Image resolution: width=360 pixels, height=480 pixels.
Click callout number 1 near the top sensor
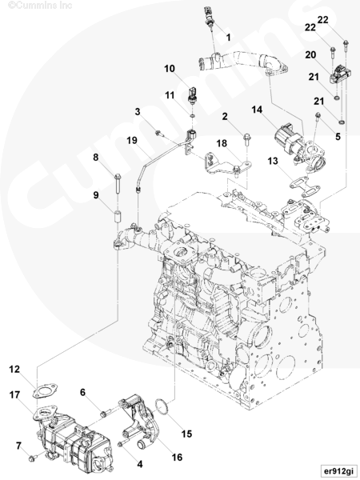point(228,38)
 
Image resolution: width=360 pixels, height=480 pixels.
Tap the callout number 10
point(170,69)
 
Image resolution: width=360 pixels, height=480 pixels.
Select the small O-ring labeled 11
point(192,116)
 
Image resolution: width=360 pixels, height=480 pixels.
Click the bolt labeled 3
point(160,133)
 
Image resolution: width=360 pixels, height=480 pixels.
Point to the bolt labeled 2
point(246,139)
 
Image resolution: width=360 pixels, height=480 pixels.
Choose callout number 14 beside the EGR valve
point(257,110)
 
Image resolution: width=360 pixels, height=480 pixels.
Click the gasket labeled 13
point(305,186)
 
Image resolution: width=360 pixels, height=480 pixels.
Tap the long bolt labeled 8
point(118,184)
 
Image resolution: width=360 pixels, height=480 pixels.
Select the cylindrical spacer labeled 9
point(118,217)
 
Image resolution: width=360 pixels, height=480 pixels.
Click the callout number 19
point(132,141)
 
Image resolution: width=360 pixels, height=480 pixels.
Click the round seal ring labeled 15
point(162,408)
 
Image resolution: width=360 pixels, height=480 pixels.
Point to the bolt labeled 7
point(32,458)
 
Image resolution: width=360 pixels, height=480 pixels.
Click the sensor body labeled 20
point(340,74)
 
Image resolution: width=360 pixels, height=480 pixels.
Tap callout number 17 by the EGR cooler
point(14,395)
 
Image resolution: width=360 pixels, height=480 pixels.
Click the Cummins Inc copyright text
point(40,5)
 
